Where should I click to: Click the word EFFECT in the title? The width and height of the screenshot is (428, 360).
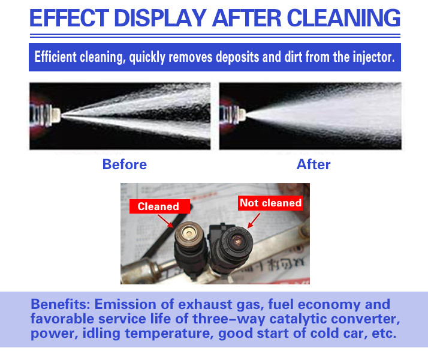70,19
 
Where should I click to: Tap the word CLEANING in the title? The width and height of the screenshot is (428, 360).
343,19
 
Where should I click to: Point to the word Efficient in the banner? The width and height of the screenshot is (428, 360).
55,57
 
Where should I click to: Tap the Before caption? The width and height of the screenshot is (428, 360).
125,164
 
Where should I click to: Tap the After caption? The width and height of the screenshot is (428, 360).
314,164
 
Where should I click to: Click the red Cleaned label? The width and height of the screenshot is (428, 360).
159,206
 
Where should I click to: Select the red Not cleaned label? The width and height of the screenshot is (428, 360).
270,203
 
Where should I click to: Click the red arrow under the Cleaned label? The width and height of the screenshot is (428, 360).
165,221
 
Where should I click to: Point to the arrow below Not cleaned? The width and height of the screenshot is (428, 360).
254,220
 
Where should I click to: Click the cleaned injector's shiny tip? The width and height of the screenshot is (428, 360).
189,233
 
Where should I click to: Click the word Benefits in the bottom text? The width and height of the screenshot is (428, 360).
61,304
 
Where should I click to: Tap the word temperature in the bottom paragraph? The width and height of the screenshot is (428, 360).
169,333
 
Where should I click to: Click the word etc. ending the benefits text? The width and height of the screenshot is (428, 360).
384,333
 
